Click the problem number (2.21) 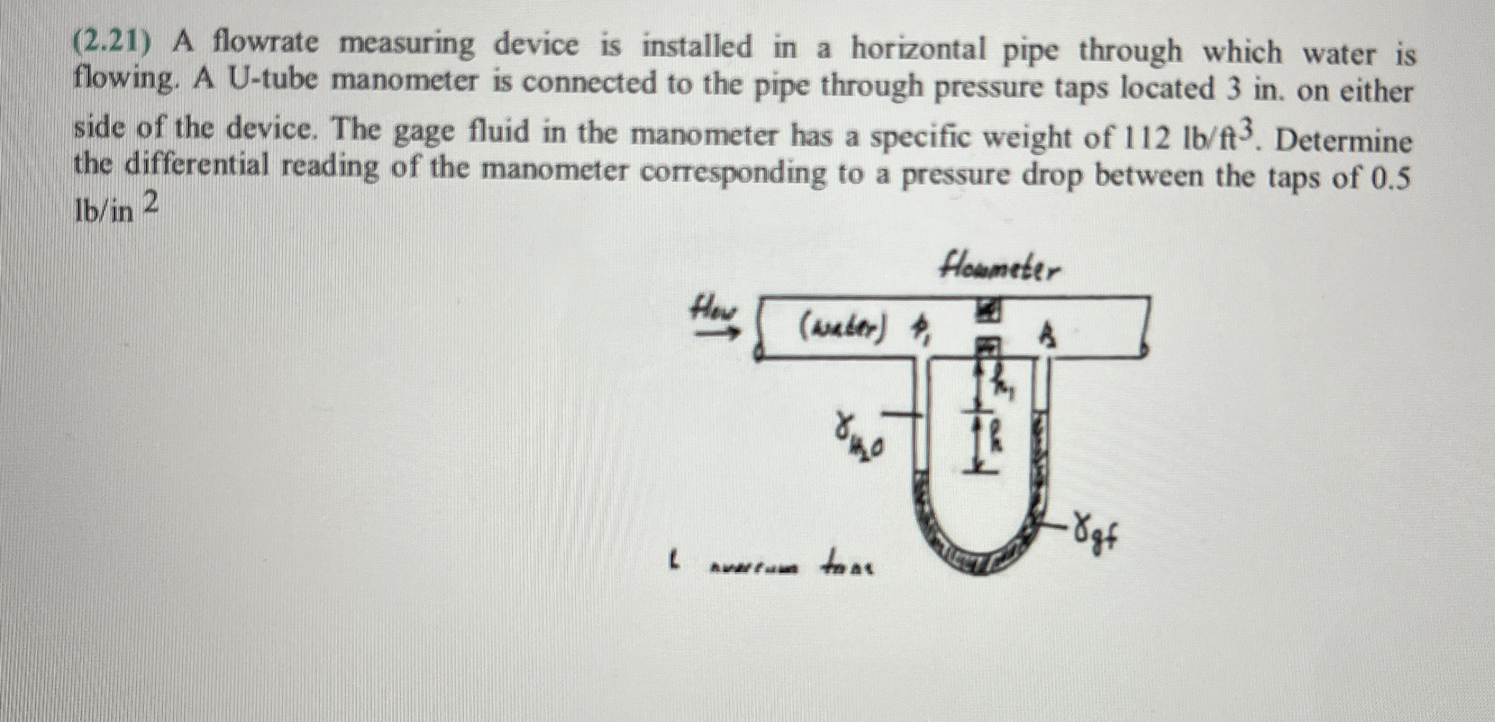click(112, 42)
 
